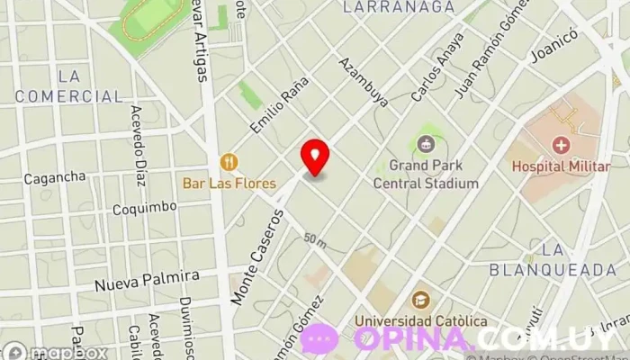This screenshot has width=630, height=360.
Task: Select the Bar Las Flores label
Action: click(x=229, y=183)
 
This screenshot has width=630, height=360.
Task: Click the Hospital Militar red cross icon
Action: click(x=562, y=145)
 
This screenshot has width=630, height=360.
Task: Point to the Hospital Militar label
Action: click(x=562, y=166)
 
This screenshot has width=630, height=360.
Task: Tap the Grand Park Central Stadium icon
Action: click(x=426, y=143)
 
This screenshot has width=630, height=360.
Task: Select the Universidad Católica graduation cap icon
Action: click(x=420, y=300)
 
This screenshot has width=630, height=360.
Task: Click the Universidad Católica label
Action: click(x=421, y=321)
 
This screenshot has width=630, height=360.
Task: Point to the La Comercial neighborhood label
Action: click(x=68, y=86)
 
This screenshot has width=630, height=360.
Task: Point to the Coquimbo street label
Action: click(x=144, y=208)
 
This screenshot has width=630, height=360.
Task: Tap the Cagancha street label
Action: click(x=54, y=178)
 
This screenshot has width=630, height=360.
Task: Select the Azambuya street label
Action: click(x=364, y=82)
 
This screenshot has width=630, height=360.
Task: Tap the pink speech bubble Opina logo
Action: click(x=319, y=338)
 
